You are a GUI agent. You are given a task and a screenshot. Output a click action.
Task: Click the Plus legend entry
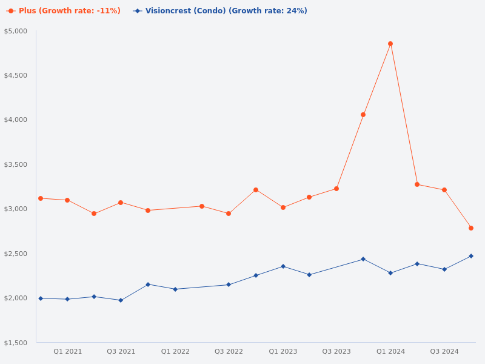64,11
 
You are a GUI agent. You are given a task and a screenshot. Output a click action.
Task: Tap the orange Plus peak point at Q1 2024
390,44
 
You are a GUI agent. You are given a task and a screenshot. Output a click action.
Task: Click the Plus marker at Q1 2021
67,200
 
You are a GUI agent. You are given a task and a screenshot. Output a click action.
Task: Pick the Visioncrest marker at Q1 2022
175,289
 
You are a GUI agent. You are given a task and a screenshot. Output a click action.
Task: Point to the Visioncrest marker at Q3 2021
121,300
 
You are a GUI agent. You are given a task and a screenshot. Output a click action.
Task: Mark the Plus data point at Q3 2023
336,189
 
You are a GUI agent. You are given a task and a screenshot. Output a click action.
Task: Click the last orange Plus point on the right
471,228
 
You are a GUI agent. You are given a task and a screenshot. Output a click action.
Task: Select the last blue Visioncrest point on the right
471,256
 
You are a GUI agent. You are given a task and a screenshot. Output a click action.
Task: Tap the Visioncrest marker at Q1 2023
283,266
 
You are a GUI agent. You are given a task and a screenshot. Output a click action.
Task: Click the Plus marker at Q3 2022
229,214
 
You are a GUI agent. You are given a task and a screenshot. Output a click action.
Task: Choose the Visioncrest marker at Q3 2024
444,269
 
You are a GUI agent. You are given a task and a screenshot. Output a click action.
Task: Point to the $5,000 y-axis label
16,31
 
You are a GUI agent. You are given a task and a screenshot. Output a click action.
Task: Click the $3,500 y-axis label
16,164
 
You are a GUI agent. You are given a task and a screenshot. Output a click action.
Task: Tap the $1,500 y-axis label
16,343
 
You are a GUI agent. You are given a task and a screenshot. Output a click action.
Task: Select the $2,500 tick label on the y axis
16,254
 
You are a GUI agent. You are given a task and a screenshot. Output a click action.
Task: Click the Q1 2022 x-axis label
175,351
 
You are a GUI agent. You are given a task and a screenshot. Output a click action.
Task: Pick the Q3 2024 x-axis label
444,351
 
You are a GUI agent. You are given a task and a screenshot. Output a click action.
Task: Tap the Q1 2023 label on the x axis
283,351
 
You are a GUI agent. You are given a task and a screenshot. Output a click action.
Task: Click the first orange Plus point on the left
41,198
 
